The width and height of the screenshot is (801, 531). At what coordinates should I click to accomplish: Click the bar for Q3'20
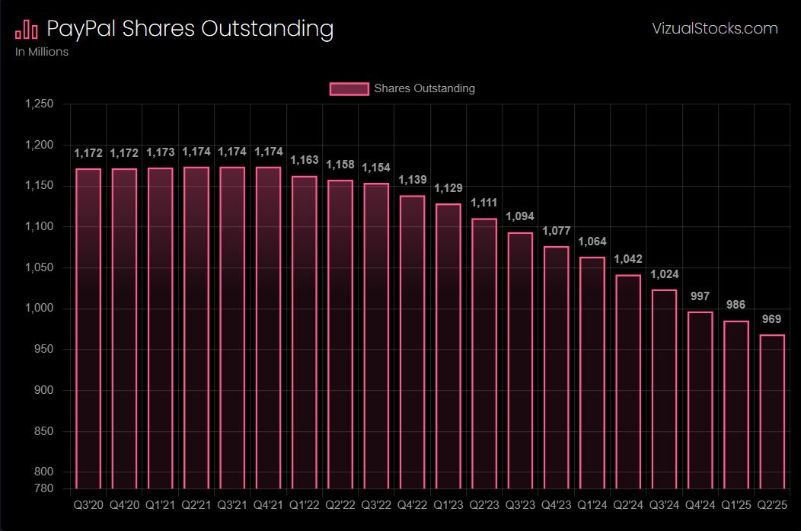88,328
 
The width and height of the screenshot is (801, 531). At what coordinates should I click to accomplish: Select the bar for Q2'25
771,411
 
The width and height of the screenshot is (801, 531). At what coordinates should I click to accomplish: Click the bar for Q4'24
700,400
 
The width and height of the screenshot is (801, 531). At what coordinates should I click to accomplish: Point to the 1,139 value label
411,179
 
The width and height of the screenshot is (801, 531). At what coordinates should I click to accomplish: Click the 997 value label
699,296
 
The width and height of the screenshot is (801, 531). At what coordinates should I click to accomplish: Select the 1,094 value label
520,216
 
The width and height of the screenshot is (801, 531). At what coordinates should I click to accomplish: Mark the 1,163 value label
304,160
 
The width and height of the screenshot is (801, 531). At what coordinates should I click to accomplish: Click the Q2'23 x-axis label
483,504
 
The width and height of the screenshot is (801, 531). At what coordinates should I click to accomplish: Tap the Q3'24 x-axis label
663,504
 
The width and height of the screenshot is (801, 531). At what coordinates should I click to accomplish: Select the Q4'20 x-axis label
124,504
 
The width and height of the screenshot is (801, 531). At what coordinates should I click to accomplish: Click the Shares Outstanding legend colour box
349,88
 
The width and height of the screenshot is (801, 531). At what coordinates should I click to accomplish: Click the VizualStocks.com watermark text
715,29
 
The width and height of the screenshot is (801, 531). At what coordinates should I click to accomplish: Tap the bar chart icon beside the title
27,29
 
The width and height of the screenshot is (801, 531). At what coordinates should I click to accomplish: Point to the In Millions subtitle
42,52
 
